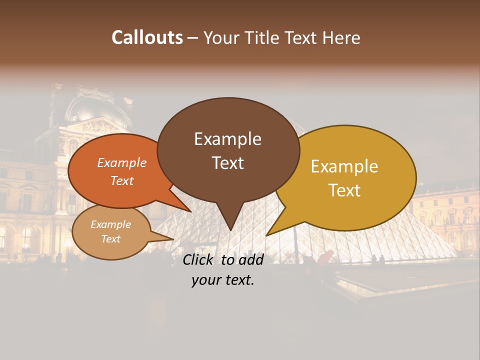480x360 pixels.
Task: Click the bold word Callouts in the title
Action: [x=147, y=37]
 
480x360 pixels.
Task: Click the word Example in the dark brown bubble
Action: [x=227, y=139]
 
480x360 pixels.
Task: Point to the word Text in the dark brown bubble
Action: [x=227, y=163]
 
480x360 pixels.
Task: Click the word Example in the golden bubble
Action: [x=344, y=166]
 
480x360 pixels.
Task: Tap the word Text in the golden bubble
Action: [x=344, y=190]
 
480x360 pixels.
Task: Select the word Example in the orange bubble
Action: [x=121, y=162]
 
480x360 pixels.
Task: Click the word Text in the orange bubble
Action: [x=121, y=180]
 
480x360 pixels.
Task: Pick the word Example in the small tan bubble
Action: [x=110, y=224]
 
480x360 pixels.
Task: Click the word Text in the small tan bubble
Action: [x=110, y=239]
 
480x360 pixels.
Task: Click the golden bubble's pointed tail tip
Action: [x=267, y=234]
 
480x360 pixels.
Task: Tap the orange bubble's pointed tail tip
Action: [x=190, y=211]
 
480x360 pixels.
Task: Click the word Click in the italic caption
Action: [x=199, y=259]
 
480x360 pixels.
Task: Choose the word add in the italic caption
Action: [x=251, y=259]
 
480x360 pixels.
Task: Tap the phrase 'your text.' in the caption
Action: [x=222, y=280]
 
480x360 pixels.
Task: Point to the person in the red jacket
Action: [x=325, y=257]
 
